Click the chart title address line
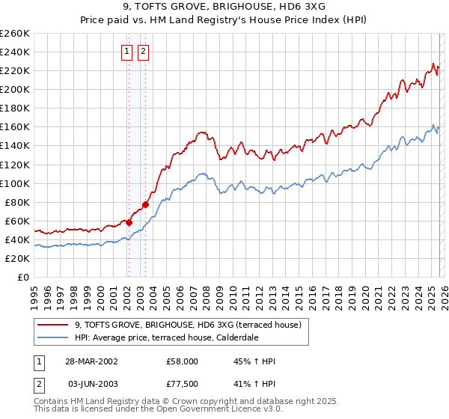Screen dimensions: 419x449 pos(224,8)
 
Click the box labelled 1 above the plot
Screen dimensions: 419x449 pos(126,52)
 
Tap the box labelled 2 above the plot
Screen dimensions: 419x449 pos(143,52)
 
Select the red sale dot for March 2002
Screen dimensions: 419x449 pos(129,222)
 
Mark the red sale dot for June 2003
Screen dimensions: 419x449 pos(146,204)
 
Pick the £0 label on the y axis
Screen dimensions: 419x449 pos(22,277)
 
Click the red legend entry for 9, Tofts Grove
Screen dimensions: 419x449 pos(187,325)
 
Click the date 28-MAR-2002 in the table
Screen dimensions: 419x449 pos(91,361)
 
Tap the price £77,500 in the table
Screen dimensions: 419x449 pos(182,383)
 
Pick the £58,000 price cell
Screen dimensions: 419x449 pos(182,361)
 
